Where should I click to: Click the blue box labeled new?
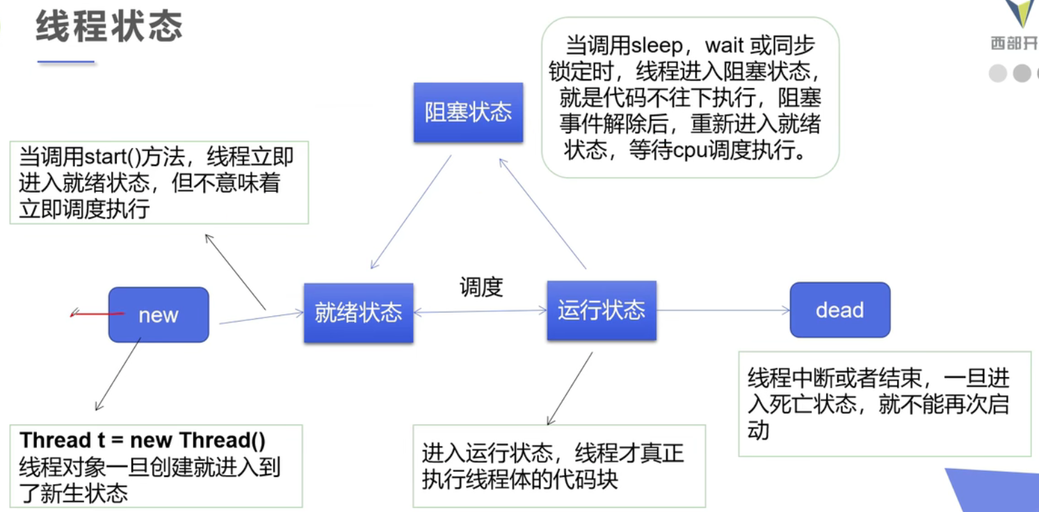coord(159,315)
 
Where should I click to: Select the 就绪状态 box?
coord(359,313)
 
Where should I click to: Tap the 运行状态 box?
coord(602,311)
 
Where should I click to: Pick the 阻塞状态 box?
coord(469,112)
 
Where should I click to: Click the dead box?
coord(840,310)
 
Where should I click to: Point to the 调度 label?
coord(481,288)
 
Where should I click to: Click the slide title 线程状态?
coord(109,26)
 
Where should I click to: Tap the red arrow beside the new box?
coord(97,314)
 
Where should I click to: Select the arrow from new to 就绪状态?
coord(261,317)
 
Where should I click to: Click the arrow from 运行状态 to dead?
coord(723,310)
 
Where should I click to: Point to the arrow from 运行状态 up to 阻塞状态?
coord(542,213)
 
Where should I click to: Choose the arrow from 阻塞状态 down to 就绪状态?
coord(411,212)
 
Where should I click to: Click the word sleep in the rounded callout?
coord(657,45)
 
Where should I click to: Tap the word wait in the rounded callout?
coord(724,45)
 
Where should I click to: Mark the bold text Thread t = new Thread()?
coord(143,440)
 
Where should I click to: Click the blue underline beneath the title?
coord(66,61)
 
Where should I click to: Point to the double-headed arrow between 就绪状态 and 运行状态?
coord(480,311)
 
